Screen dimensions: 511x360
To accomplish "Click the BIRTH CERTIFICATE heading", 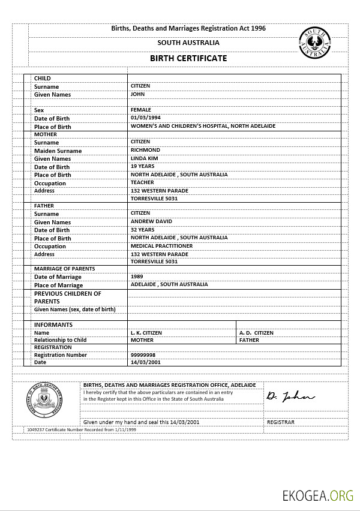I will [188, 58].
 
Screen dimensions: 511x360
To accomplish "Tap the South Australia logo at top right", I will [314, 43].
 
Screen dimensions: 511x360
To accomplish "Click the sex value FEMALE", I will [140, 110].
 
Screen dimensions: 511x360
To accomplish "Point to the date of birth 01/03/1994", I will [146, 118].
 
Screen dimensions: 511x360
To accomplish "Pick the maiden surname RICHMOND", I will [145, 150].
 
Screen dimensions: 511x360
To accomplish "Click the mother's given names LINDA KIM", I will [145, 158].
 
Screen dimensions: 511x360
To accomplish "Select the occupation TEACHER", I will [142, 182].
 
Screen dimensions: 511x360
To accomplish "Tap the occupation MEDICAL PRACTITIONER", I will [161, 246].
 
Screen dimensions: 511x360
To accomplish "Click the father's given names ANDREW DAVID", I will [151, 221].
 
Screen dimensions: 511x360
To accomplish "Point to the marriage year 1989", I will [137, 276].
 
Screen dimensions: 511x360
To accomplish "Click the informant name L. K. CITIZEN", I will [146, 332].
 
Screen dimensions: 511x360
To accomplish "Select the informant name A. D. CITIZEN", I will [256, 332].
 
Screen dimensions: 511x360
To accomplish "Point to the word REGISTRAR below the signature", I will [280, 422].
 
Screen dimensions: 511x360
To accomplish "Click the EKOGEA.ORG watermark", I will [319, 495].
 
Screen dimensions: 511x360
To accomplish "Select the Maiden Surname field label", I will [58, 151].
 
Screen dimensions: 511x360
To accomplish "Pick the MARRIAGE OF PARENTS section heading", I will [64, 269].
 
